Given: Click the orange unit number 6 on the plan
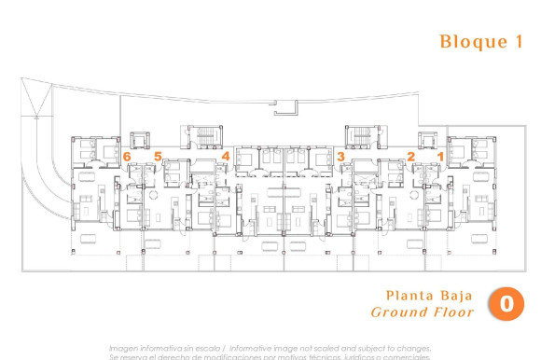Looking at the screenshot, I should tap(127, 157).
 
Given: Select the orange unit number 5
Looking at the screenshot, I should tap(159, 157).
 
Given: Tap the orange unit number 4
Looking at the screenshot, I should tap(225, 157).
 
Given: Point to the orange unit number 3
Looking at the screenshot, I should tap(341, 157).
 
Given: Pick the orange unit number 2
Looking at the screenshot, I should tap(411, 157).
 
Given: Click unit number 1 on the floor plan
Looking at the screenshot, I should tap(440, 157).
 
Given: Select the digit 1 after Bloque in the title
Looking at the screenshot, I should tap(519, 41).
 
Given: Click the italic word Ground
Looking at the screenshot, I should tap(399, 312).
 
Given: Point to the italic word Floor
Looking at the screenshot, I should tap(452, 312).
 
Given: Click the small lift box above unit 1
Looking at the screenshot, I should tap(426, 140).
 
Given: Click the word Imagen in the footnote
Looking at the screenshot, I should tap(124, 348).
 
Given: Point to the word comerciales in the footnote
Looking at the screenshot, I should tap(409, 356).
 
